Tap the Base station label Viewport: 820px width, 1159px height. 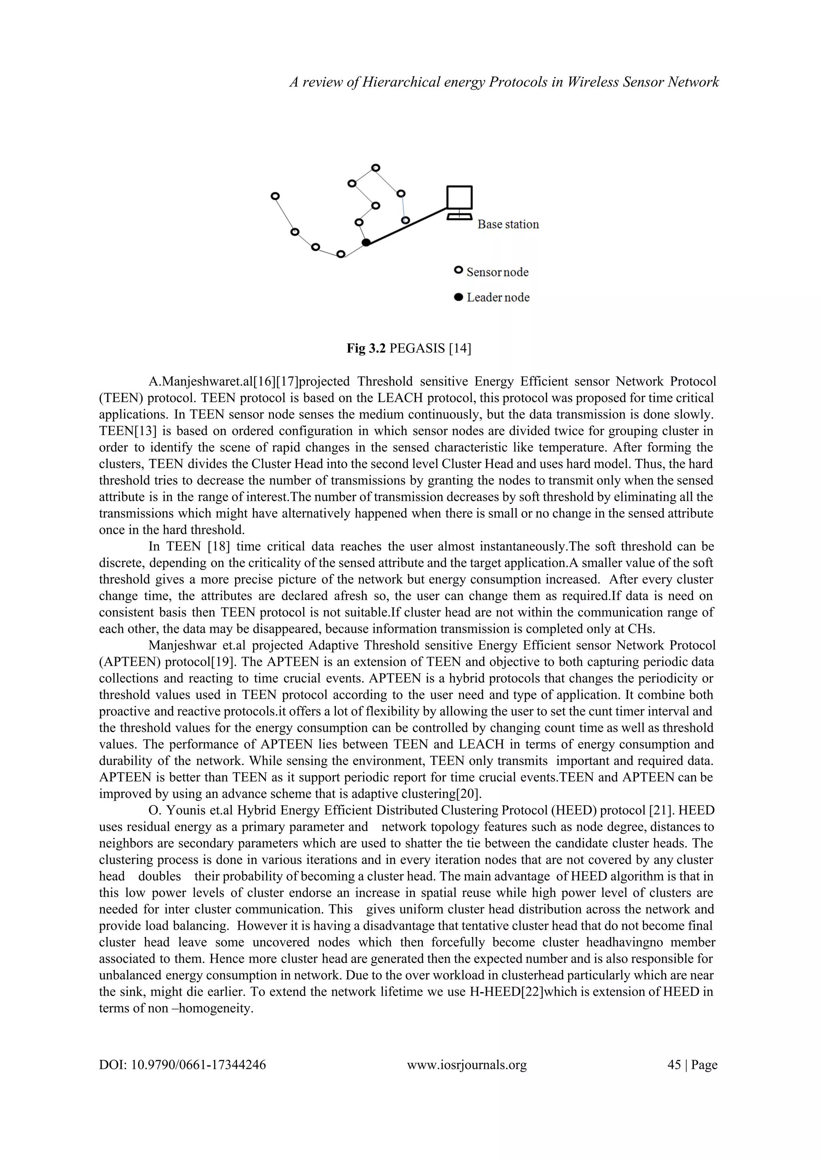(x=508, y=224)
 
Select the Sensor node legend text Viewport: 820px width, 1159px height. (x=497, y=272)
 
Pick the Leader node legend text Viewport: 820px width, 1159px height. (x=498, y=297)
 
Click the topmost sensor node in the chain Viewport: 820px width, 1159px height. (x=375, y=168)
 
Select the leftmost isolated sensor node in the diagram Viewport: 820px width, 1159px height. (x=275, y=196)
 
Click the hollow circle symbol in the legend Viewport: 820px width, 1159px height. (x=458, y=271)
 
